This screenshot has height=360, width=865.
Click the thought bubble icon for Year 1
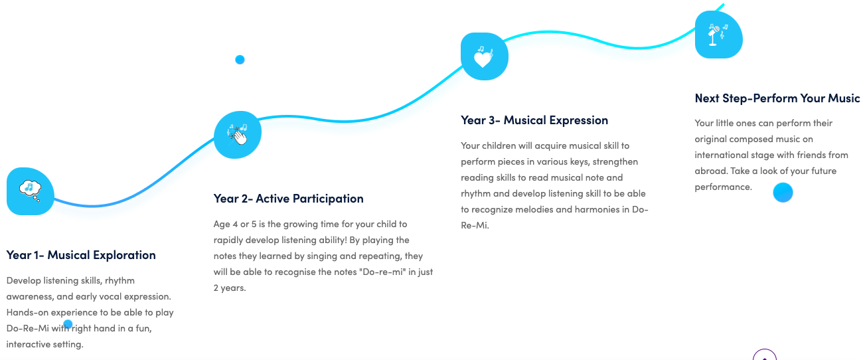click(x=30, y=191)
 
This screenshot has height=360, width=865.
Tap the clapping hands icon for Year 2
click(x=238, y=135)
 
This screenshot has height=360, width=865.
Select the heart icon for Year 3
click(x=484, y=56)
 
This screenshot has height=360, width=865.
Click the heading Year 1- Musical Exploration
click(x=81, y=255)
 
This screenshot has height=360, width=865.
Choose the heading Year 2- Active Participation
click(x=289, y=199)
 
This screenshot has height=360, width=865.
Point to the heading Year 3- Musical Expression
click(x=534, y=120)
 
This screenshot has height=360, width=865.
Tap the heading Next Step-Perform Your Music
click(x=777, y=98)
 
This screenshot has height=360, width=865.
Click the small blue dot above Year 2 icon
click(x=240, y=60)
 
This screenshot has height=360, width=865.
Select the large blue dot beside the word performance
click(x=783, y=193)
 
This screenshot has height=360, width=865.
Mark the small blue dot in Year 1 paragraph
click(x=68, y=323)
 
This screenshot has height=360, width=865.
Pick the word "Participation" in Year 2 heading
click(x=328, y=199)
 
